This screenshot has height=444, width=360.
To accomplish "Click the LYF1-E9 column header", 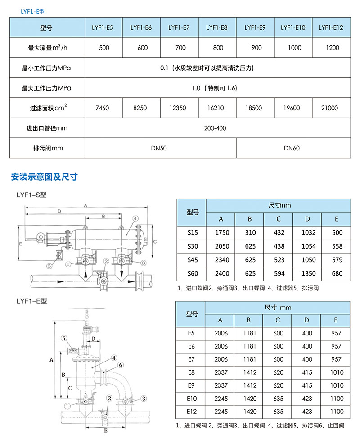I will pos(255,28).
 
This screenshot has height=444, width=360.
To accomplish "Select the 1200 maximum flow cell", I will pos(331,48).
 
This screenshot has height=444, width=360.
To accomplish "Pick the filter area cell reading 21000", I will pos(331,108).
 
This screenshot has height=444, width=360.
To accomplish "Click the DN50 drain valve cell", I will pos(160,148).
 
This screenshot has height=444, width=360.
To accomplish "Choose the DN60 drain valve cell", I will pos(293,148).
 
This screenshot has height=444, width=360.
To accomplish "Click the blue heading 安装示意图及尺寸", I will pos(44,177).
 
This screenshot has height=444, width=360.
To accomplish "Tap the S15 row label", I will pos(192,233).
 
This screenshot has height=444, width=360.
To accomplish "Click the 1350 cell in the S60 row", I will pos(307,273).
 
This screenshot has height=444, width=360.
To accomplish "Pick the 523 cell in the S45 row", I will pos(279,260).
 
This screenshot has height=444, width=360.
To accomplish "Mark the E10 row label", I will pos(192,399).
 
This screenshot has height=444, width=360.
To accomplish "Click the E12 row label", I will pos(192,412).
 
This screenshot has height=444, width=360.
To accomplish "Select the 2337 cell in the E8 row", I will pos(221,372).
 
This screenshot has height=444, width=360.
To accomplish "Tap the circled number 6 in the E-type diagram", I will pos(121,365).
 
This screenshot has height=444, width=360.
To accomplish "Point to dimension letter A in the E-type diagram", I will pos(51,360).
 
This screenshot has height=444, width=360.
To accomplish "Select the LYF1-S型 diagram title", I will pos(31,195).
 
